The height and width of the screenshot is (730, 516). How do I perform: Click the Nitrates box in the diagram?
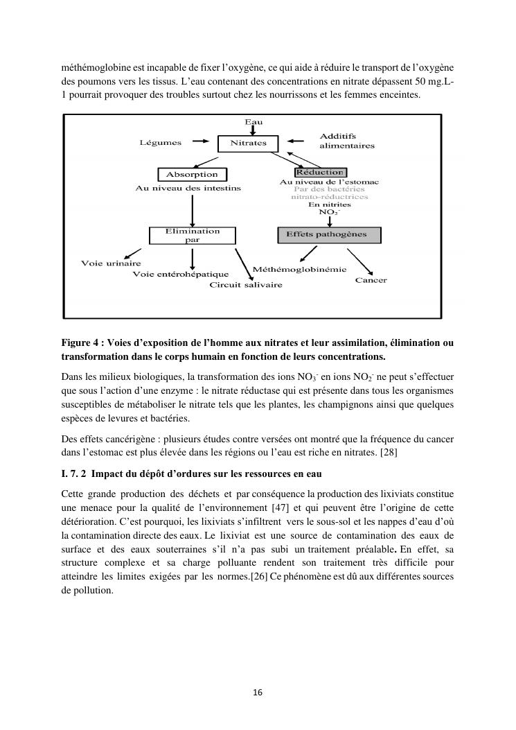(x=248, y=144)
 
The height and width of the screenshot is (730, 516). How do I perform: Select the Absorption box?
(x=192, y=175)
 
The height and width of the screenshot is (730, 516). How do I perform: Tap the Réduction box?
(x=319, y=172)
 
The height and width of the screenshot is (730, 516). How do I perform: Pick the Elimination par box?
(x=193, y=236)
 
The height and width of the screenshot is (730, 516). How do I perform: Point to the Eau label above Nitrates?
(x=253, y=122)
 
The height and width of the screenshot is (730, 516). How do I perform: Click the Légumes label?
(x=161, y=143)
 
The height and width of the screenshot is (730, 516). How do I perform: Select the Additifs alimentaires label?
(x=346, y=141)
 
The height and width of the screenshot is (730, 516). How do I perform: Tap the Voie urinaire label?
(x=111, y=263)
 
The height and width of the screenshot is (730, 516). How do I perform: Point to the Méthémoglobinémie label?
(x=300, y=269)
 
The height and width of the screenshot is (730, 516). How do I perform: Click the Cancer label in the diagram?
(x=371, y=280)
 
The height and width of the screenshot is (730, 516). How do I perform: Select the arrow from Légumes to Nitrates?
(x=200, y=142)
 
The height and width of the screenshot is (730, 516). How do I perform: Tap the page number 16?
(x=258, y=692)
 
